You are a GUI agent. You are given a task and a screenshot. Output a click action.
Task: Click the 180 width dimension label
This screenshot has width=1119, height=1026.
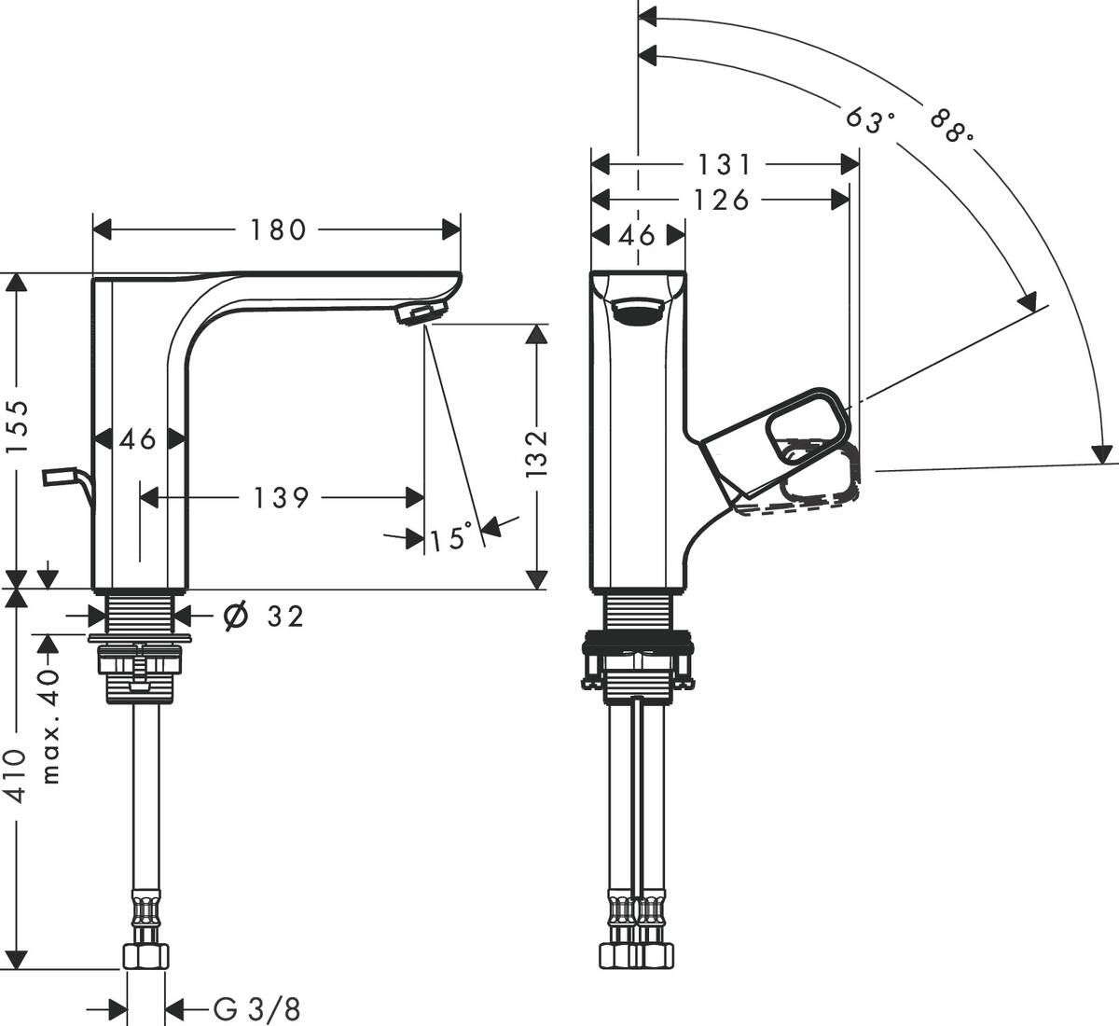coord(278,229)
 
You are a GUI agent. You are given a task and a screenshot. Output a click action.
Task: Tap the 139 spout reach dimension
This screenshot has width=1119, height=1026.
coord(281,498)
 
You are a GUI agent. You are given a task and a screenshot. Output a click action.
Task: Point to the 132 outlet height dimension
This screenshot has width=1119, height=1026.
coord(536,454)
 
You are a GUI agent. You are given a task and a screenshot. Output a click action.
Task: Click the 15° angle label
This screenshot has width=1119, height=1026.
coord(450,537)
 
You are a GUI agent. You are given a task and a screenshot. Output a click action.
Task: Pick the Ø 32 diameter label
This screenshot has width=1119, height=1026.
coord(267,616)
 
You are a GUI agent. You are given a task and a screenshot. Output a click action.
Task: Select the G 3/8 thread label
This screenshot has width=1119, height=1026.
coord(257,1008)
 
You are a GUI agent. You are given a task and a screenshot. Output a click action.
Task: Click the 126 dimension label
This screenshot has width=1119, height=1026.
coord(723,200)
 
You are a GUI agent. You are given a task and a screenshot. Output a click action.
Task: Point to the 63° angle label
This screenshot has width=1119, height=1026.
coord(870,119)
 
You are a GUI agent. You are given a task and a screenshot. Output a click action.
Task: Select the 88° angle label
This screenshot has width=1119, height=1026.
coord(951,127)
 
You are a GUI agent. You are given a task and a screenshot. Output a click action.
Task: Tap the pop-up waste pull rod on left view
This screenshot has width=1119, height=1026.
coord(65,479)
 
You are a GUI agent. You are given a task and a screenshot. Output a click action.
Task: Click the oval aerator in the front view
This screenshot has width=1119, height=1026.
coord(639,312)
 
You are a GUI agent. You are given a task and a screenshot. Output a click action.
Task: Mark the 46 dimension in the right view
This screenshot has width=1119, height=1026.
coord(638,234)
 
